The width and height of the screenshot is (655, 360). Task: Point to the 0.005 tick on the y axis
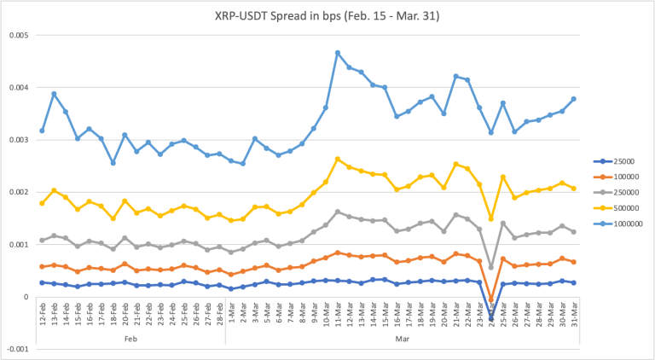pyautogui.click(x=18, y=36)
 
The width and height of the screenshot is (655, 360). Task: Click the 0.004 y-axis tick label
pyautogui.click(x=18, y=88)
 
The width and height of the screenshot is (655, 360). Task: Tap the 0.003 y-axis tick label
pyautogui.click(x=18, y=140)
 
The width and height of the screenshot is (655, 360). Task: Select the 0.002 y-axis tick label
pyautogui.click(x=18, y=193)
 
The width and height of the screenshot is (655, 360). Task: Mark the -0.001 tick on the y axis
pyautogui.click(x=17, y=349)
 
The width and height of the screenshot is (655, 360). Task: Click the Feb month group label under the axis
pyautogui.click(x=130, y=338)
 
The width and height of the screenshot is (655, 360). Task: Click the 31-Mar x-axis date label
pyautogui.click(x=573, y=315)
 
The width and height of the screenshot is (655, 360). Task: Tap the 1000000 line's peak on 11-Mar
pyautogui.click(x=338, y=53)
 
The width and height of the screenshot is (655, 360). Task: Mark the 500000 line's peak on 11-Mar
pyautogui.click(x=338, y=159)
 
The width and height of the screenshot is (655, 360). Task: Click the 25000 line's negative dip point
pyautogui.click(x=491, y=318)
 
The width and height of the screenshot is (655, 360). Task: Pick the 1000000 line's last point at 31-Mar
pyautogui.click(x=573, y=99)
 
